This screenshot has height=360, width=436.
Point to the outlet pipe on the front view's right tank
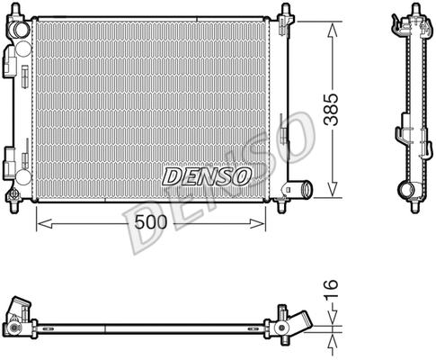(300, 188)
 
